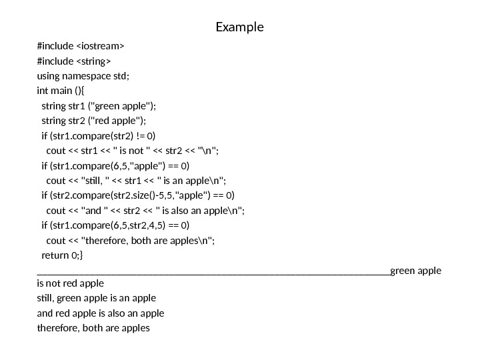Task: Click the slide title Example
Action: (240, 27)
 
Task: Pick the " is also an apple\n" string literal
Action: (200, 210)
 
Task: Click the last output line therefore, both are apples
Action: (94, 327)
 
